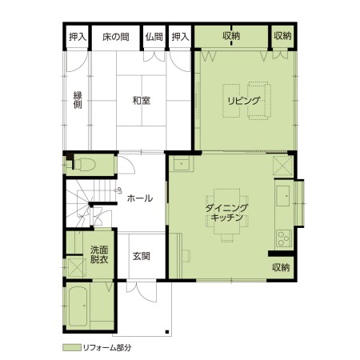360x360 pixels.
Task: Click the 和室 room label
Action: coord(142,101)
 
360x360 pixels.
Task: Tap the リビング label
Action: coord(243,101)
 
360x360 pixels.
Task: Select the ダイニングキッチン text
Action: coord(227,212)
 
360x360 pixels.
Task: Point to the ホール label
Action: coord(140,198)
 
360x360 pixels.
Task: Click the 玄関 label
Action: coord(142,256)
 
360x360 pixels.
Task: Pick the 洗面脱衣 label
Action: coord(99,254)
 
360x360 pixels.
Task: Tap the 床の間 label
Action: coord(116,37)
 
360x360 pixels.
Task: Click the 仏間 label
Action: coord(154,37)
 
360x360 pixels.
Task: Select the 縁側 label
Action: coord(78,100)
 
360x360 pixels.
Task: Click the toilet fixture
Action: coord(85,165)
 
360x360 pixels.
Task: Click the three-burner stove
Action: coord(283,238)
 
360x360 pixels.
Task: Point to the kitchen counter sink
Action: coord(283,196)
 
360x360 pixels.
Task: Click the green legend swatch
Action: coord(72,347)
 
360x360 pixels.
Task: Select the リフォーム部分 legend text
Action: coord(107,347)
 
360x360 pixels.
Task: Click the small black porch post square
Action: coord(167,332)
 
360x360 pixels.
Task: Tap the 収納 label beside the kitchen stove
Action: coord(281,267)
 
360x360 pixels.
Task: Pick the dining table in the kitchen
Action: coord(227,211)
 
